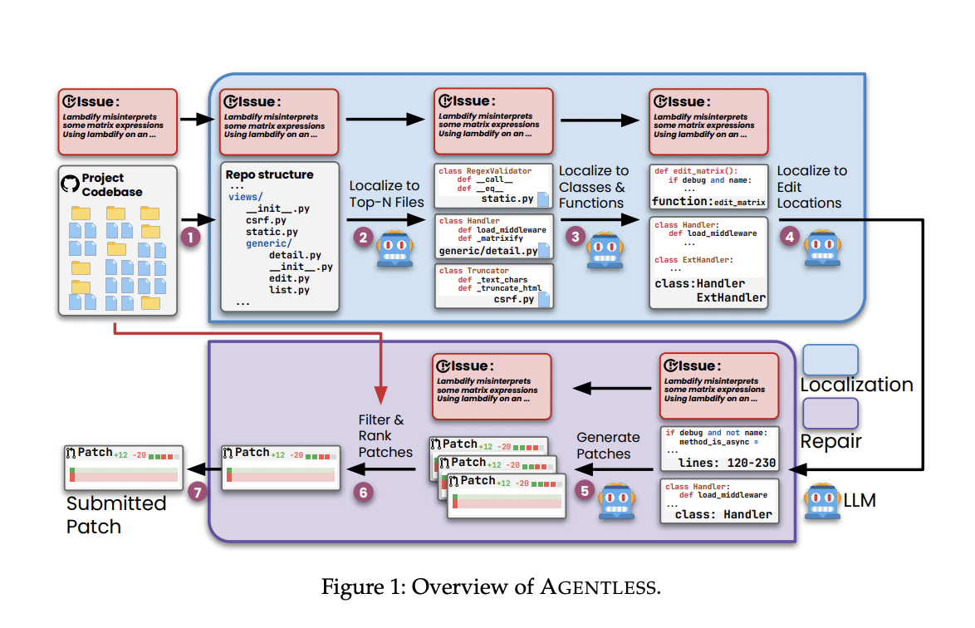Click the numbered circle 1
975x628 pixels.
[x=191, y=238]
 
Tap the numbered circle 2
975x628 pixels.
[x=363, y=238]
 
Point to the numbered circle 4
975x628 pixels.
[x=789, y=237]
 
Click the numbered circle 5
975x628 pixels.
[x=585, y=491]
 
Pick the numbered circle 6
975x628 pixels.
[x=362, y=491]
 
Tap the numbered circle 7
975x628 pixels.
[x=198, y=491]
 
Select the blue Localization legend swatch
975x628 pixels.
[x=830, y=360]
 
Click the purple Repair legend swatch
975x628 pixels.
[x=830, y=413]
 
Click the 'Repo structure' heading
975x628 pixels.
[x=269, y=175]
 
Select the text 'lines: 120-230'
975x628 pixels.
[x=724, y=462]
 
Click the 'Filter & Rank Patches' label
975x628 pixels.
[x=385, y=436]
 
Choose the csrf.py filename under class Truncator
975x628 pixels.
[x=513, y=299]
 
